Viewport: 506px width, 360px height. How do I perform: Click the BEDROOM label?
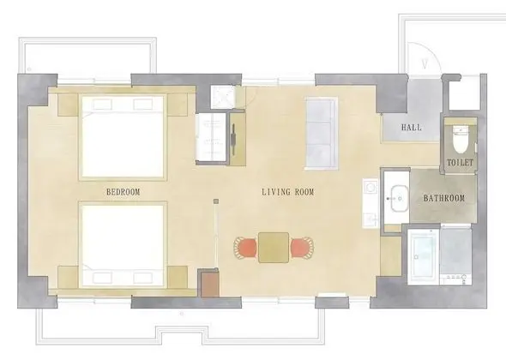123,192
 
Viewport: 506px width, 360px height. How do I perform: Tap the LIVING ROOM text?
288,192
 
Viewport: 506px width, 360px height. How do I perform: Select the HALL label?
412,128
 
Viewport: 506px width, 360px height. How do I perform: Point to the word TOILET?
461,163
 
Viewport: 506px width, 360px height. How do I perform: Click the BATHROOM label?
444,198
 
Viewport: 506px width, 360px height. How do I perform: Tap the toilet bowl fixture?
461,140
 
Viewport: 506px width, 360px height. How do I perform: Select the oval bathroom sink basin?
396,198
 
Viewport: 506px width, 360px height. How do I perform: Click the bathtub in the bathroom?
423,256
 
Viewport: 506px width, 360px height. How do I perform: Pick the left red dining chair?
245,248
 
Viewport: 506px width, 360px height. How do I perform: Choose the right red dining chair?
302,248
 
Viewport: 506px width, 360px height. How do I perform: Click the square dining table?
274,248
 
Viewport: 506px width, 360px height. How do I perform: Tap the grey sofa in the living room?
322,133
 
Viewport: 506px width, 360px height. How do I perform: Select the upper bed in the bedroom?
123,137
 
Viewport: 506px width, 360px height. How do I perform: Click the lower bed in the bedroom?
123,245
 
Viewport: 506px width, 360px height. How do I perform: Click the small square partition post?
216,201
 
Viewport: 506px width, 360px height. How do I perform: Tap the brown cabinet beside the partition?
210,285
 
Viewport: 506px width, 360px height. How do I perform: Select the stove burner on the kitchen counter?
371,187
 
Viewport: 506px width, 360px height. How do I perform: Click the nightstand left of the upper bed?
68,105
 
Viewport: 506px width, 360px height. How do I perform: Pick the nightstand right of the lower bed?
178,277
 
